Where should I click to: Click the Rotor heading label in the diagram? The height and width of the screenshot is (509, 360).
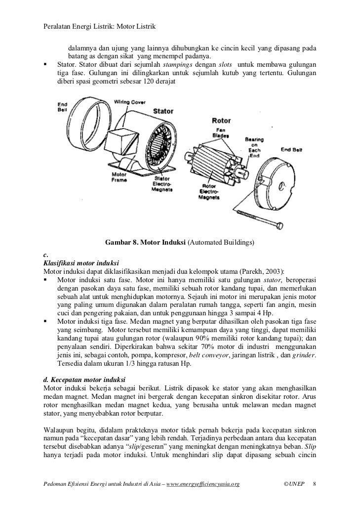tap(221, 121)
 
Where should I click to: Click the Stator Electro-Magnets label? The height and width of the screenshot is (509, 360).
tap(162, 184)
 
